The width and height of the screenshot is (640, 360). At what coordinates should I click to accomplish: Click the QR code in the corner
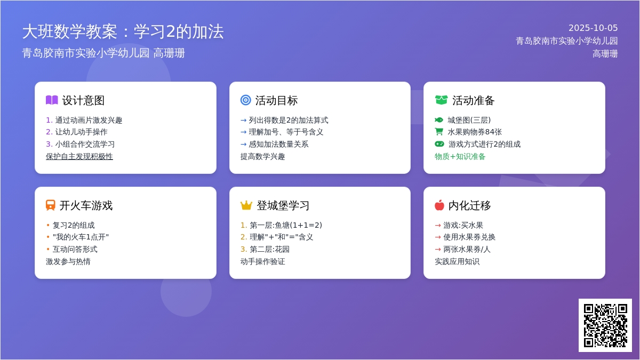605,325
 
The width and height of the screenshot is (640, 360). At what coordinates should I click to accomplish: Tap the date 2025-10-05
593,28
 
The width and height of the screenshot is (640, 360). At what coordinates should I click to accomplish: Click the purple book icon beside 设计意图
52,100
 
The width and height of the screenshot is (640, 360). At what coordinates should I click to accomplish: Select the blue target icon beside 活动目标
245,100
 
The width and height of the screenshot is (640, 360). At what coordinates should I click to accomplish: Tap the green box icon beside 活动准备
441,100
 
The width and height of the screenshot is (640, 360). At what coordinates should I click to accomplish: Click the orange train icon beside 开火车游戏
50,205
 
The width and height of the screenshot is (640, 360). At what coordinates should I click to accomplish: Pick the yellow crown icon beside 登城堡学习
246,205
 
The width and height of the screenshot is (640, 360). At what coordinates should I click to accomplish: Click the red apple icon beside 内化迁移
439,205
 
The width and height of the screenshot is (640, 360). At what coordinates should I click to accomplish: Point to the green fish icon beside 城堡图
439,120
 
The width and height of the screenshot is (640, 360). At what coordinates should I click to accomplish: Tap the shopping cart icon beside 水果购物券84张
439,132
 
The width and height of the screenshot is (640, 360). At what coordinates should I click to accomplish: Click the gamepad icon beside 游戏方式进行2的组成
439,144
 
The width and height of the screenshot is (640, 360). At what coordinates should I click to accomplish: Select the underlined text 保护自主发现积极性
79,156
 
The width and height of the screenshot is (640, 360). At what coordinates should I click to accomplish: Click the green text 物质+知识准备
460,156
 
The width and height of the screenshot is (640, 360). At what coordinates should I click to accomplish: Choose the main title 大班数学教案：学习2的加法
123,31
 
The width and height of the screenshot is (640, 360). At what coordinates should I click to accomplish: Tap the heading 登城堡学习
283,205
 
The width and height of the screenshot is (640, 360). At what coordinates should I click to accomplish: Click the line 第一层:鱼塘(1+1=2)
281,225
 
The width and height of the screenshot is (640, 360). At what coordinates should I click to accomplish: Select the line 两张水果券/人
462,249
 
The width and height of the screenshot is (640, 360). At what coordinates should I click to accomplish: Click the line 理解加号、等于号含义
282,132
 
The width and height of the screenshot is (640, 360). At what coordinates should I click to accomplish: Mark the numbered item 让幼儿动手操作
77,132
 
